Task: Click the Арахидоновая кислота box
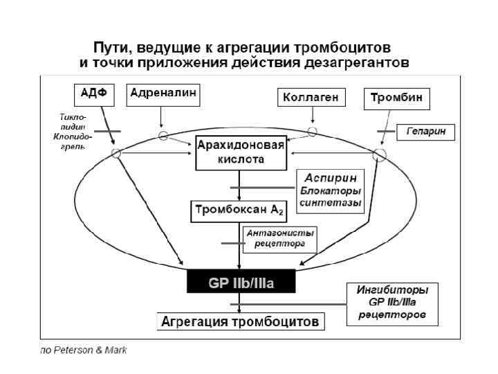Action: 240,152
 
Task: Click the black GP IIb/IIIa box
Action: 241,283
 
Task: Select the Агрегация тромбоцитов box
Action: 240,321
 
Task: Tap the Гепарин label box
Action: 425,131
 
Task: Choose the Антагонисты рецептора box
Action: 281,239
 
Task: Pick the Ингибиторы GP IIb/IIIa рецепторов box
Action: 391,303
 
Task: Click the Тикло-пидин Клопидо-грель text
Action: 70,132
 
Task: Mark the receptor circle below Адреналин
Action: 163,135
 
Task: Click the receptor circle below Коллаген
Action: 312,131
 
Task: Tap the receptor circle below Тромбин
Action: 379,154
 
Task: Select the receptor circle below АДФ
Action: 116,153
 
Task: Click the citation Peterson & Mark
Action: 84,350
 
